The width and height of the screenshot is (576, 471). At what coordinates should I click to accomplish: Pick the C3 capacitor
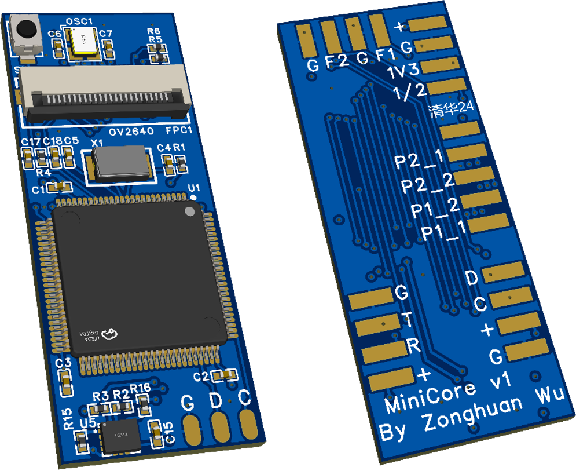point(65,381)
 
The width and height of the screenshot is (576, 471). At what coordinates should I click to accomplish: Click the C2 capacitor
point(223,375)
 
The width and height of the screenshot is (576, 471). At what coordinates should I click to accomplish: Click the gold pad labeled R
point(384,351)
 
